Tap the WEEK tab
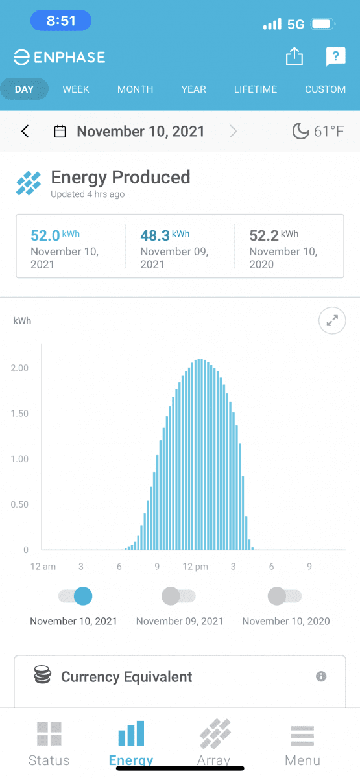pyautogui.click(x=76, y=89)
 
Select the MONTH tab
pyautogui.click(x=135, y=89)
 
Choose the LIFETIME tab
pyautogui.click(x=256, y=89)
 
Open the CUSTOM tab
pyautogui.click(x=325, y=89)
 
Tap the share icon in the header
pyautogui.click(x=294, y=56)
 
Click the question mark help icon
pyautogui.click(x=336, y=56)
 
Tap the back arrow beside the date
pyautogui.click(x=25, y=131)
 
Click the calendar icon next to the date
pyautogui.click(x=60, y=131)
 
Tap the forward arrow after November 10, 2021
pyautogui.click(x=233, y=131)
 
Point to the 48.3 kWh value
pyautogui.click(x=165, y=235)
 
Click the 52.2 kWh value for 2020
pyautogui.click(x=274, y=235)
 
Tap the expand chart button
pyautogui.click(x=332, y=320)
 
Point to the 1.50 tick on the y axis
pyautogui.click(x=19, y=414)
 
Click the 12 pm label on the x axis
pyautogui.click(x=195, y=567)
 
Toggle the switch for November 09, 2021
pyautogui.click(x=178, y=596)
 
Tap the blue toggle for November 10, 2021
pyautogui.click(x=75, y=596)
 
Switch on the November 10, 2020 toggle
pyautogui.click(x=285, y=596)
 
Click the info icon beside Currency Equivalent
pyautogui.click(x=321, y=676)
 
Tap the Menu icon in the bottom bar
pyautogui.click(x=302, y=736)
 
